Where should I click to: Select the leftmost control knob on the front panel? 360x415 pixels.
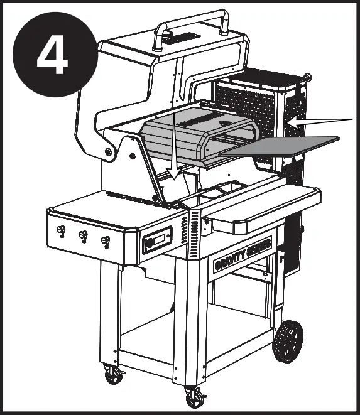pyautogui.click(x=60, y=232)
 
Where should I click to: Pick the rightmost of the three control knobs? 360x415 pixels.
pyautogui.click(x=106, y=241)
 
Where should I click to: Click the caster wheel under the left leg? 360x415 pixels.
pyautogui.click(x=114, y=375)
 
